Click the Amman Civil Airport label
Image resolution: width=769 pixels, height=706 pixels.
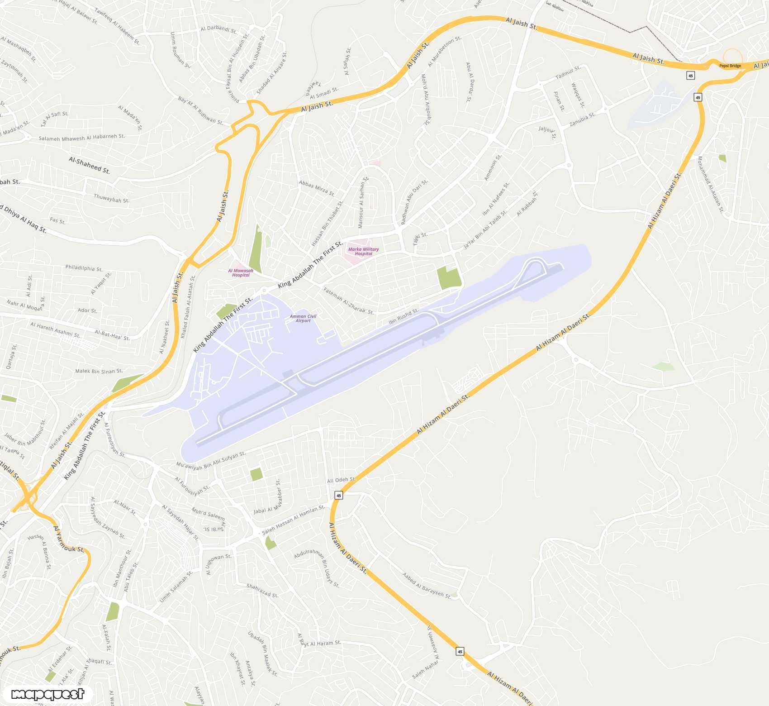[x=303, y=319]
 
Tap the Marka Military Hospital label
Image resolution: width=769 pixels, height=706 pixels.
[x=363, y=251]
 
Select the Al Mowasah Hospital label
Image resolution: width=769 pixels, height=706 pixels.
[x=241, y=272]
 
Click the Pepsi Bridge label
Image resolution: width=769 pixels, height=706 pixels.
[x=730, y=66]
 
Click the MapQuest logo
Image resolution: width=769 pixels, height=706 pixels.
[x=47, y=694]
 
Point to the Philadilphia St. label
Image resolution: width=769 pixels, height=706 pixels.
[x=84, y=268]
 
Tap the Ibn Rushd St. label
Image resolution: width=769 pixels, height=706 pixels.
[x=404, y=316]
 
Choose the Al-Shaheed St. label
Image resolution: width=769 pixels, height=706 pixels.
[x=89, y=166]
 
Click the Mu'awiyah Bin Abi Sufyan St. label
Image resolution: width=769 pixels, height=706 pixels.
[x=211, y=461]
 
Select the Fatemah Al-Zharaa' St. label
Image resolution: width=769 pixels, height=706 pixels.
[x=348, y=301]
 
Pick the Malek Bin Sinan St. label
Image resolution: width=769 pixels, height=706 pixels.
[x=99, y=371]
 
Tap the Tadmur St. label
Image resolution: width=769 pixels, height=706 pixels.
[x=568, y=72]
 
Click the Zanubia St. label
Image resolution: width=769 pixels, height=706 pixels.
[x=582, y=119]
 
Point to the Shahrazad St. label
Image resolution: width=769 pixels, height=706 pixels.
[x=262, y=590]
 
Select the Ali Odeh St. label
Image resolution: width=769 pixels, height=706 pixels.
[x=341, y=480]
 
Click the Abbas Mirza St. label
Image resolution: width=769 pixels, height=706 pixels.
[x=317, y=188]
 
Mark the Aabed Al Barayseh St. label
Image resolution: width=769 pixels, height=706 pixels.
[x=427, y=585]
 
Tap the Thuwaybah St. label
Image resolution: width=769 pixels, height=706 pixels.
[x=111, y=198]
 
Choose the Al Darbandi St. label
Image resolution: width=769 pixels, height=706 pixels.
[x=218, y=29]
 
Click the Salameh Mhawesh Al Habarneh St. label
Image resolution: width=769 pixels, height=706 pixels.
[x=81, y=138]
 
